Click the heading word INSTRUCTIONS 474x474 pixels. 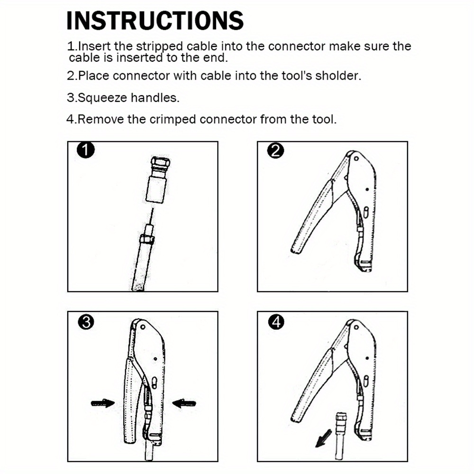pos(155,21)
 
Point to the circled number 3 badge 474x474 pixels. pos(85,322)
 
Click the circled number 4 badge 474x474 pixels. pos(275,322)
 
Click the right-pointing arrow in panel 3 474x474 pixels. pos(103,403)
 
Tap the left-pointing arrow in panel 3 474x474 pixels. pos(184,403)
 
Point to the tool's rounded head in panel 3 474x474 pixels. pos(147,332)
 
